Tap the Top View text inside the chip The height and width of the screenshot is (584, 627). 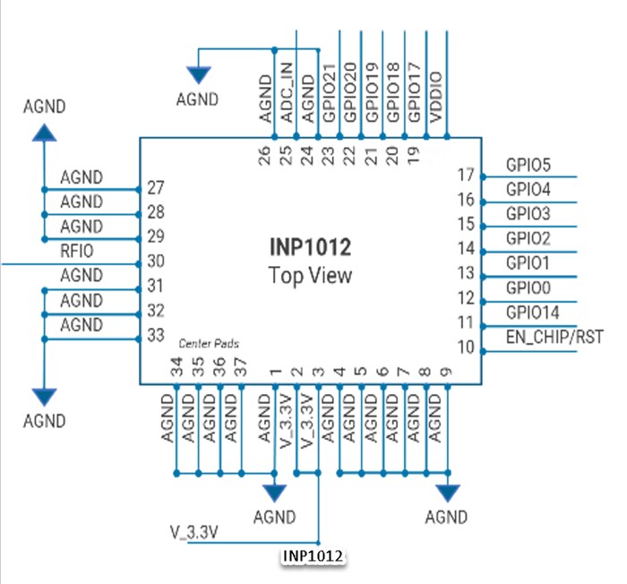[311, 275]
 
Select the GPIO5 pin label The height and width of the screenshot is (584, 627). [528, 166]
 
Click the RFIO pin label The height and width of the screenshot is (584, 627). [77, 252]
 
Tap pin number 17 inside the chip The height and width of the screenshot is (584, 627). [465, 175]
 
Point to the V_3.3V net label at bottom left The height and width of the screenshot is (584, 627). [195, 531]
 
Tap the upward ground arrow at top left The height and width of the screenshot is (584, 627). [43, 133]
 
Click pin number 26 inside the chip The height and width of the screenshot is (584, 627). [265, 153]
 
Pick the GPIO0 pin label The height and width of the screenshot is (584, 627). [528, 288]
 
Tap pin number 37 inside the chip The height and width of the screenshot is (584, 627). [240, 366]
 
